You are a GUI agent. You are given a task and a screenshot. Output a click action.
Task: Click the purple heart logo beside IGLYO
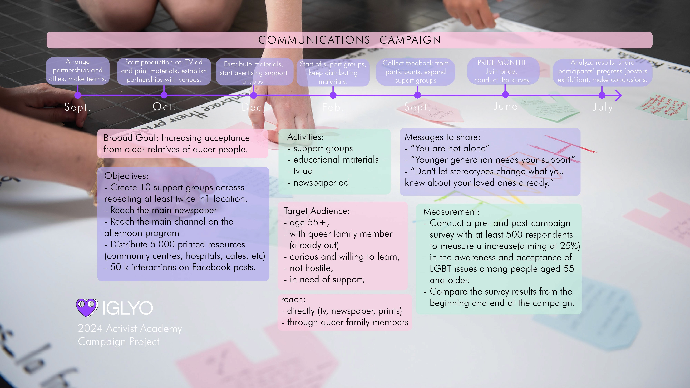87,307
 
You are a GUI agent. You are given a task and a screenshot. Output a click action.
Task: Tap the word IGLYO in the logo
128,308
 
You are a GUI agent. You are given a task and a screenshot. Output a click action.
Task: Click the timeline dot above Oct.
164,95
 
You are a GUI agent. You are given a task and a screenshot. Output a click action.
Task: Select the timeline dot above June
505,94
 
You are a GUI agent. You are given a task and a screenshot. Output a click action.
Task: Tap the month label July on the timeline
602,107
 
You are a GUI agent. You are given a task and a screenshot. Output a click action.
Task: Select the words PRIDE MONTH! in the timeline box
501,63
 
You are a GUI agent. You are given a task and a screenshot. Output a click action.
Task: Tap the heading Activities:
305,137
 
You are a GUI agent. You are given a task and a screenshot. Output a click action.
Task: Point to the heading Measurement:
451,212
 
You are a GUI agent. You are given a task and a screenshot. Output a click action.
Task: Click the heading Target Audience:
317,211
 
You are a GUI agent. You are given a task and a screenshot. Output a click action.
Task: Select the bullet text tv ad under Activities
303,171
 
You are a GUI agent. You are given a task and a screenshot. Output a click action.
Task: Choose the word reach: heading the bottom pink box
293,299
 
